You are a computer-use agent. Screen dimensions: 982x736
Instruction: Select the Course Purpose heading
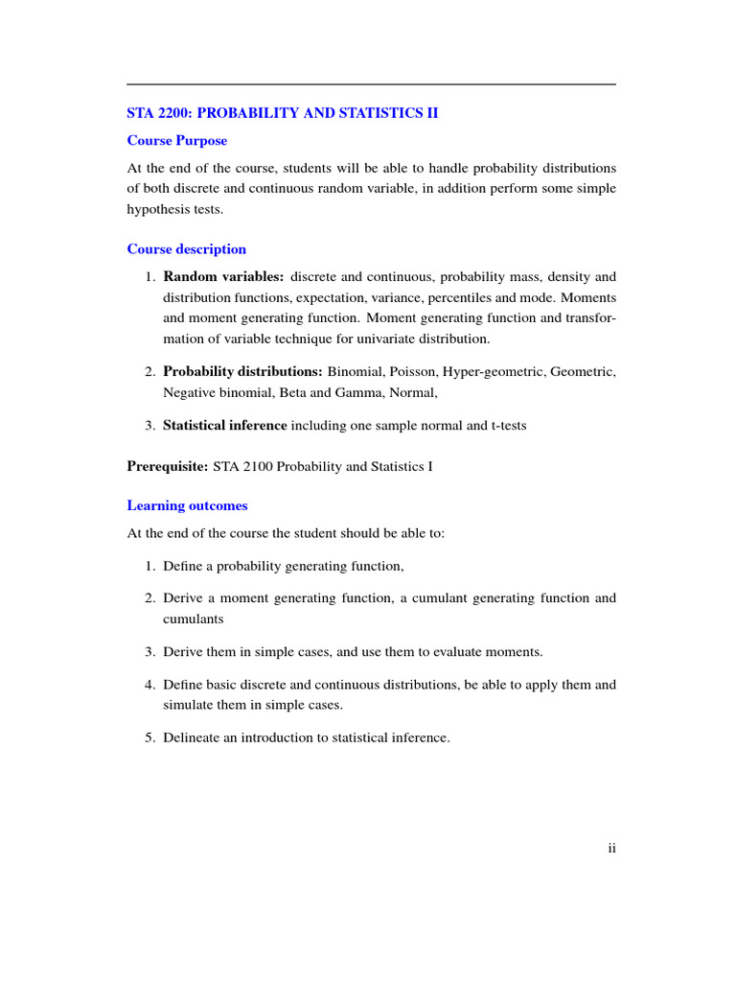click(x=177, y=141)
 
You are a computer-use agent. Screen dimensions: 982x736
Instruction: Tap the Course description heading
click(x=187, y=249)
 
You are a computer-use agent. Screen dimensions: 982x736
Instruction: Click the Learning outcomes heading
click(x=187, y=505)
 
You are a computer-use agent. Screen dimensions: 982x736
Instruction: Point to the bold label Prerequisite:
click(x=168, y=467)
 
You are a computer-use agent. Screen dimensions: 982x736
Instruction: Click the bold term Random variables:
click(x=223, y=277)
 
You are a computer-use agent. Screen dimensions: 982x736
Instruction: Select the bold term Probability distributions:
click(x=242, y=371)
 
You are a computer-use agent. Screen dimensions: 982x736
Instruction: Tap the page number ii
click(x=611, y=848)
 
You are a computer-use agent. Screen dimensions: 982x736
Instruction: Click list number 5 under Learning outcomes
click(x=150, y=737)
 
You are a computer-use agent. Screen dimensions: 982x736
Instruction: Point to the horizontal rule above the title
click(x=371, y=84)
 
